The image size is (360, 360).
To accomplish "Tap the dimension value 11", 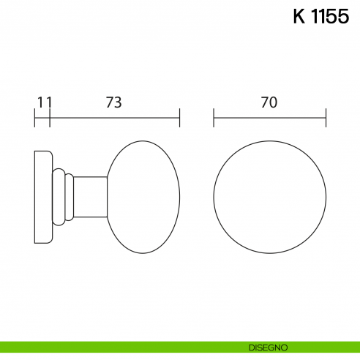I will [x=44, y=102].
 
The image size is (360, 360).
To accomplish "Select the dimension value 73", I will [x=113, y=102].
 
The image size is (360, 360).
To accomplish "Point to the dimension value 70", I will [x=269, y=102].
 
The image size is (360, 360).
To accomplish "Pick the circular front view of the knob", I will [x=269, y=197].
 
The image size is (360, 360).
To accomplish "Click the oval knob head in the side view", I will [x=144, y=197].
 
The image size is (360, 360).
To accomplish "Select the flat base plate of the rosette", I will [x=42, y=197].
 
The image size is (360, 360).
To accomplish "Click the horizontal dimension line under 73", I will [x=114, y=117].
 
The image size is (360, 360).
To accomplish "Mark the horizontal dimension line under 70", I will [x=269, y=117].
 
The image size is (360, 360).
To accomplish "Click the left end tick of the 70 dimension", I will [x=214, y=117].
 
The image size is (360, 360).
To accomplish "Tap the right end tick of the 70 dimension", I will [x=326, y=117].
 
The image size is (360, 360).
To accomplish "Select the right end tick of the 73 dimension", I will [x=179, y=117].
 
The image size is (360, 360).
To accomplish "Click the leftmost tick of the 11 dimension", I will [x=35, y=117].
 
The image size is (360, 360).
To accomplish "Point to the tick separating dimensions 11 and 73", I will [x=50, y=117].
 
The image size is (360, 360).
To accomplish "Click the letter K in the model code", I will [x=299, y=18].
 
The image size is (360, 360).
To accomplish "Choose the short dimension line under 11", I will [x=42, y=117].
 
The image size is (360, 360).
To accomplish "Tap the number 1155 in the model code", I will [x=331, y=18].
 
